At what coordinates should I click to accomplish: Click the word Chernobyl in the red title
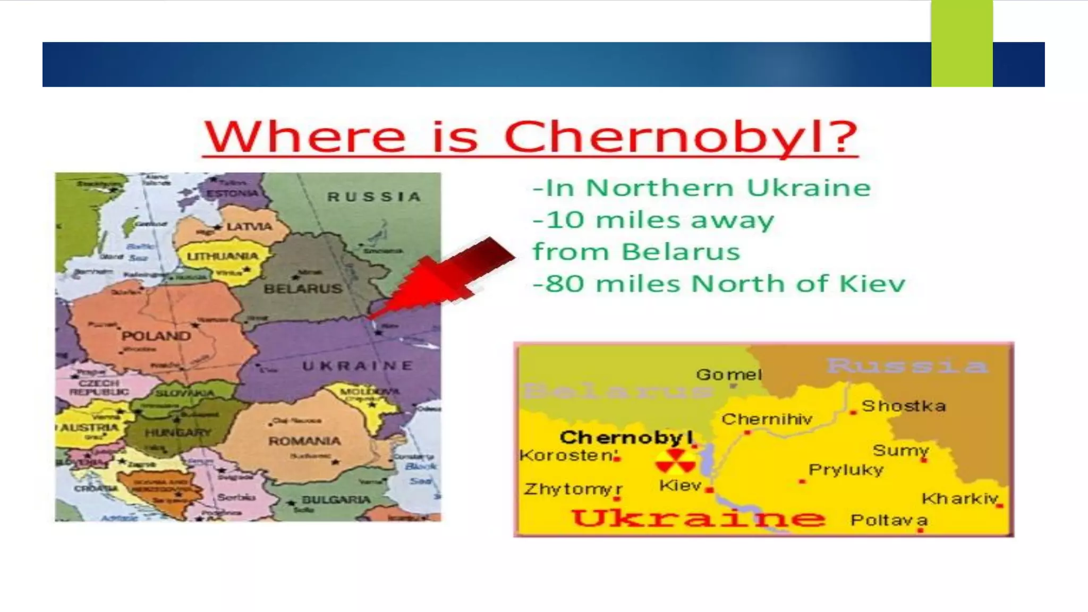coord(681,137)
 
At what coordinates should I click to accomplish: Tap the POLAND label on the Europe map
coord(156,336)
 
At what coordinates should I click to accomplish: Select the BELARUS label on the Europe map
coord(303,289)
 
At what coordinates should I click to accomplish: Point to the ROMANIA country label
coord(304,441)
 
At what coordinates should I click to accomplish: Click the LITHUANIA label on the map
coord(223,257)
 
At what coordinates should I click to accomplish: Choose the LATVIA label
coord(249,227)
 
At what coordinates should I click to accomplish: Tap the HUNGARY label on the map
coord(178,433)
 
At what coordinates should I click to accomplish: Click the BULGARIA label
coord(336,500)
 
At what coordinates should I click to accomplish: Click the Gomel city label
coord(729,375)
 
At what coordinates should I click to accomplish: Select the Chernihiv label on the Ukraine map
coord(767,420)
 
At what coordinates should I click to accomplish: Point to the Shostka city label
coord(904,406)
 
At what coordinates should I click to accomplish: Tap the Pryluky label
coord(846,470)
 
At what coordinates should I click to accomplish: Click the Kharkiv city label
coord(960,499)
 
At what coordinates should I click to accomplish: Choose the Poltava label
coord(889,520)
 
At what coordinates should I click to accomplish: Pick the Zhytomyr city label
coord(573,489)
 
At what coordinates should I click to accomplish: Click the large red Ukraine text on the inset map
coord(699,517)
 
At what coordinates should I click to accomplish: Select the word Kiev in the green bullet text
coord(872,284)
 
